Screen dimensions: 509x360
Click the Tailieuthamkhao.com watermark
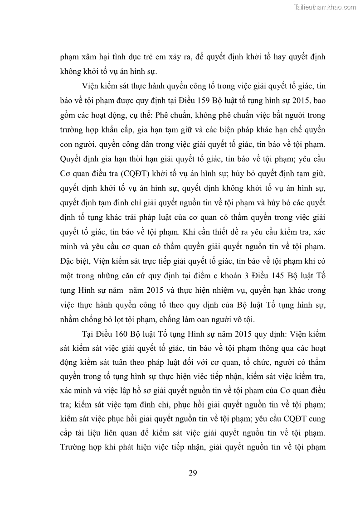(x=326, y=7)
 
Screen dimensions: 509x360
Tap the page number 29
(x=192, y=473)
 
